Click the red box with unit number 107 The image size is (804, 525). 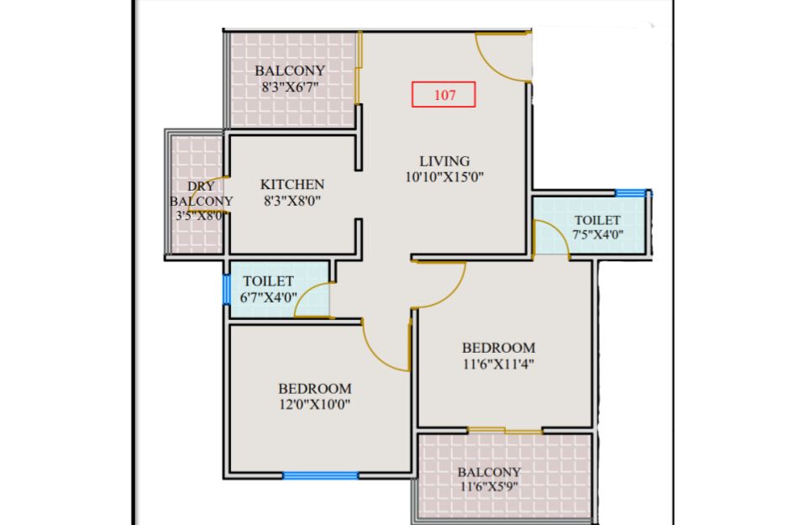tap(444, 94)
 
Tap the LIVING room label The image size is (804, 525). tap(444, 161)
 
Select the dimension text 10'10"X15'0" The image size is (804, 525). tap(444, 177)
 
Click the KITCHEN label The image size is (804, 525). tap(292, 184)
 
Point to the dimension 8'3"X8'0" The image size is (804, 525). tap(292, 201)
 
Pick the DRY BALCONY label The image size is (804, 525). tap(201, 193)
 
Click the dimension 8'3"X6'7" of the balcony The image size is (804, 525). tap(290, 87)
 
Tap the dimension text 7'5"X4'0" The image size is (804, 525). tap(598, 234)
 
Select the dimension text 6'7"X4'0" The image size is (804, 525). tap(268, 297)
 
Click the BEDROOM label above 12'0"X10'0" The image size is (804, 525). tap(315, 388)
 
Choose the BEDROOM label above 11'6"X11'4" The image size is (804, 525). tap(498, 348)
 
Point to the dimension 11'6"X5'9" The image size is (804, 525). tap(489, 486)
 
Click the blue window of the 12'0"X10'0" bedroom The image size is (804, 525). tap(320, 475)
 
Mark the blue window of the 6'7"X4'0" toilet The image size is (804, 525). tap(226, 290)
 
